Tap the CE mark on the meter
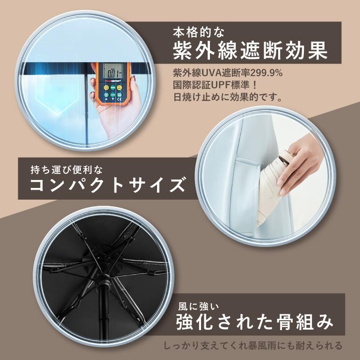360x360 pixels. pyautogui.click(x=119, y=100)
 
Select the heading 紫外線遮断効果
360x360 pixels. pyautogui.click(x=250, y=50)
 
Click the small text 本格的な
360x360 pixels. pyautogui.click(x=198, y=32)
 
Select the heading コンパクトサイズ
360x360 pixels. pyautogui.click(x=108, y=185)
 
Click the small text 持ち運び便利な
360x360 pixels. pyautogui.click(x=66, y=170)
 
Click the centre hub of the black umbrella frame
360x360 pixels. pyautogui.click(x=105, y=280)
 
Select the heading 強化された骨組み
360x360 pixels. pyautogui.click(x=254, y=321)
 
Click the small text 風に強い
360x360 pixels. pyautogui.click(x=198, y=306)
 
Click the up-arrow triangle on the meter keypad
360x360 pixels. pyautogui.click(x=106, y=100)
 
